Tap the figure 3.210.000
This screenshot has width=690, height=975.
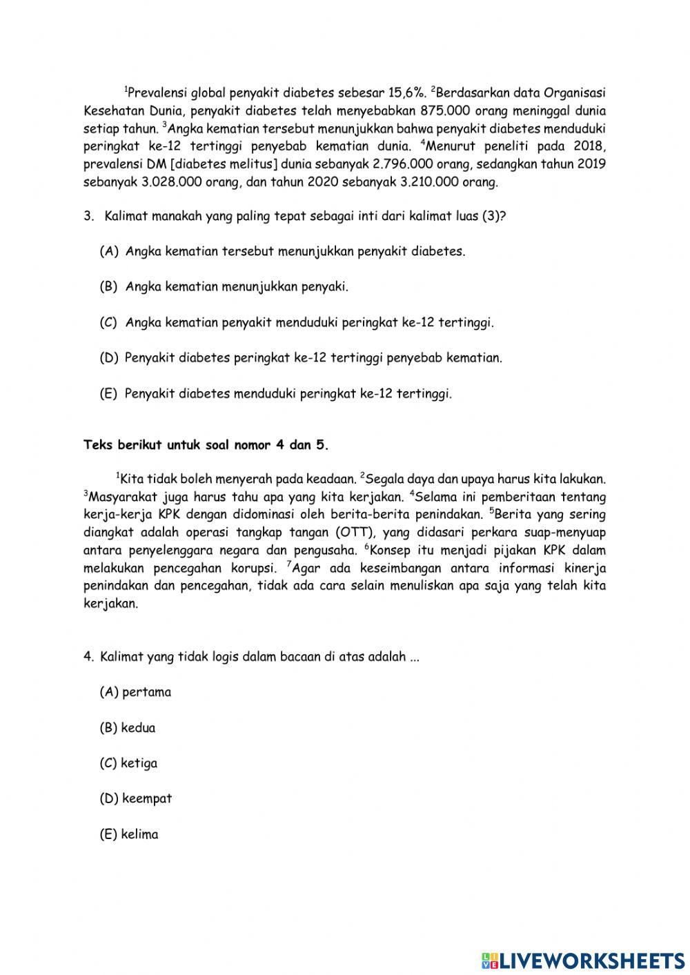click(428, 182)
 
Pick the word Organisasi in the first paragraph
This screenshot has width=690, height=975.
click(575, 92)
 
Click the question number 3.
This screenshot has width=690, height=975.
click(88, 216)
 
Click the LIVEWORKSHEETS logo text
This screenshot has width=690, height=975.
click(583, 961)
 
